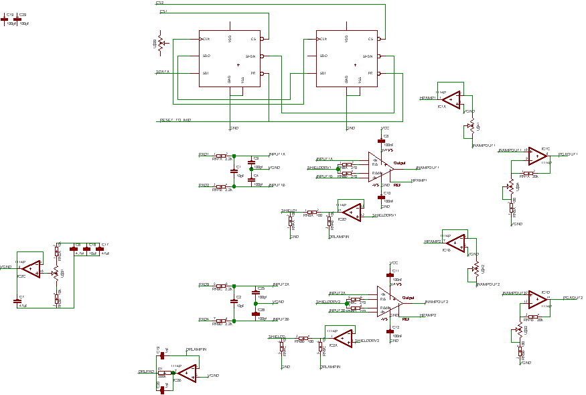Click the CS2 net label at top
pyautogui.click(x=160, y=3)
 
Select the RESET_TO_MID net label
pyautogui.click(x=175, y=120)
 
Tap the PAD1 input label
pyautogui.click(x=204, y=154)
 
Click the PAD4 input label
pyautogui.click(x=204, y=319)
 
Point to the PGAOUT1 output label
pyautogui.click(x=567, y=154)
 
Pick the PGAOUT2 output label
pyautogui.click(x=573, y=297)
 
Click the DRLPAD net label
pyautogui.click(x=146, y=371)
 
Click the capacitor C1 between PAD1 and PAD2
pyautogui.click(x=234, y=171)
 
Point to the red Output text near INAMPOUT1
pyautogui.click(x=399, y=163)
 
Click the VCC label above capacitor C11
pyautogui.click(x=394, y=263)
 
